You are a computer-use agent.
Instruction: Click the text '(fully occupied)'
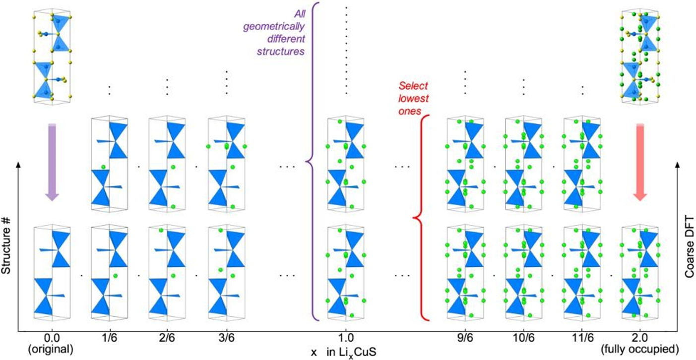[x=640, y=350]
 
